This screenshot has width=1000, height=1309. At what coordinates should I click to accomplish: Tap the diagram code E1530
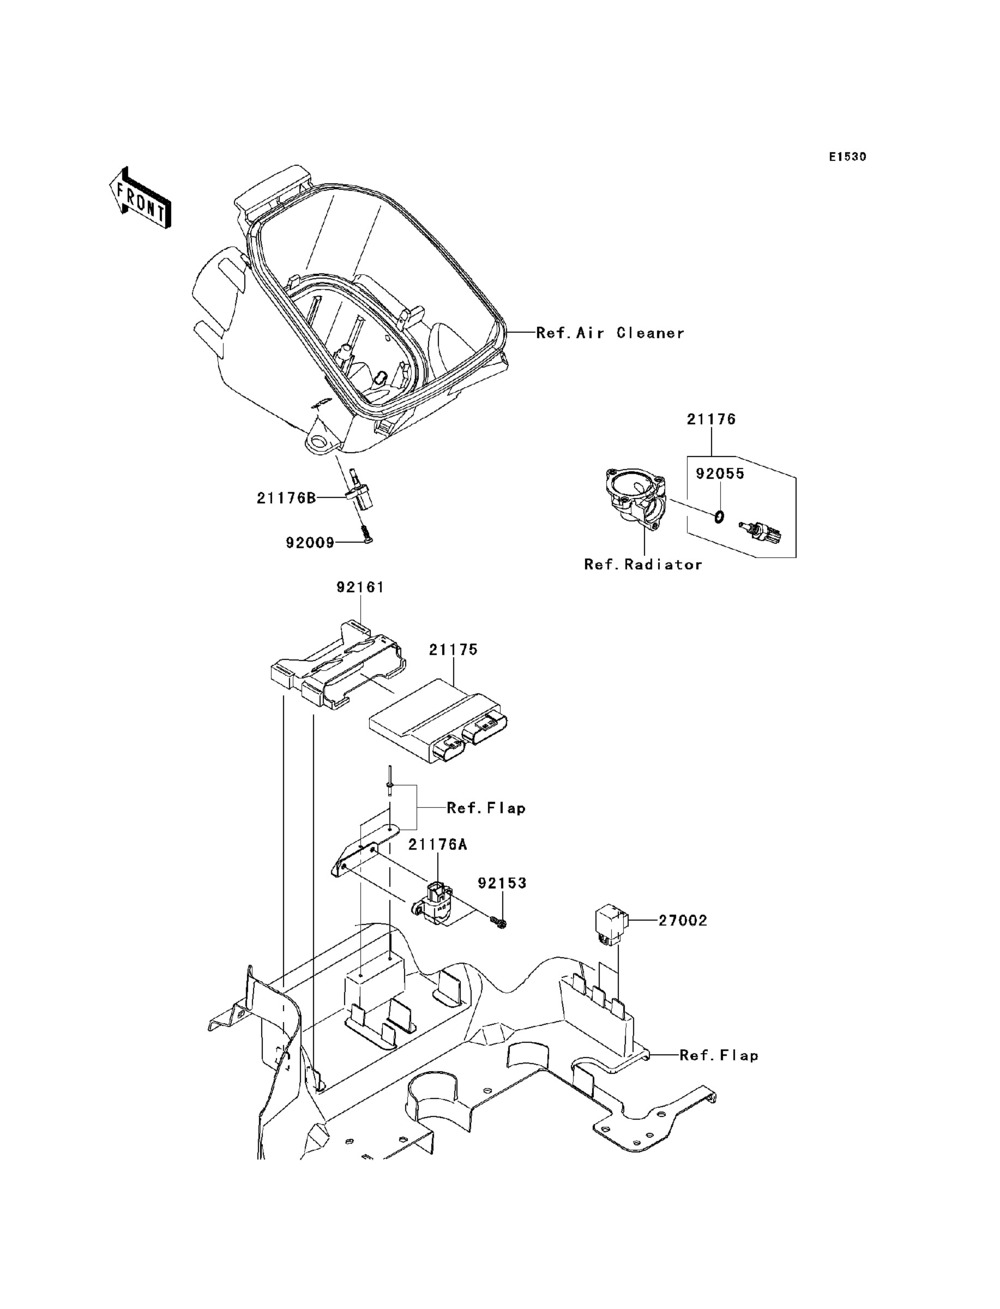[847, 157]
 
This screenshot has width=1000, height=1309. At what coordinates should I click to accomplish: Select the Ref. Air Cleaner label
[610, 333]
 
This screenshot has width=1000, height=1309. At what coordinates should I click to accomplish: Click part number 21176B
[286, 497]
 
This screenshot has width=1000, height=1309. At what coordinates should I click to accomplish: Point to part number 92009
[310, 543]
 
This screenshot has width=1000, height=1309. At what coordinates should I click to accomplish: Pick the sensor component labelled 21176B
[358, 491]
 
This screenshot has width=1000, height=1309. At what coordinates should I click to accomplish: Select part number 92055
[720, 474]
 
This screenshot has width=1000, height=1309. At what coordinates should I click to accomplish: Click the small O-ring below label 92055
[720, 516]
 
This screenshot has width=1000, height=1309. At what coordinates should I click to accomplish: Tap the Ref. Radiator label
[643, 564]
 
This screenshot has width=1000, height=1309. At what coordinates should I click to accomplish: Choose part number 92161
[360, 587]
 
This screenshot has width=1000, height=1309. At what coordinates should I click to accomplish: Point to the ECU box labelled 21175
[438, 720]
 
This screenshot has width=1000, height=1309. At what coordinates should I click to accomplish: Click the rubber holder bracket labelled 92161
[339, 665]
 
